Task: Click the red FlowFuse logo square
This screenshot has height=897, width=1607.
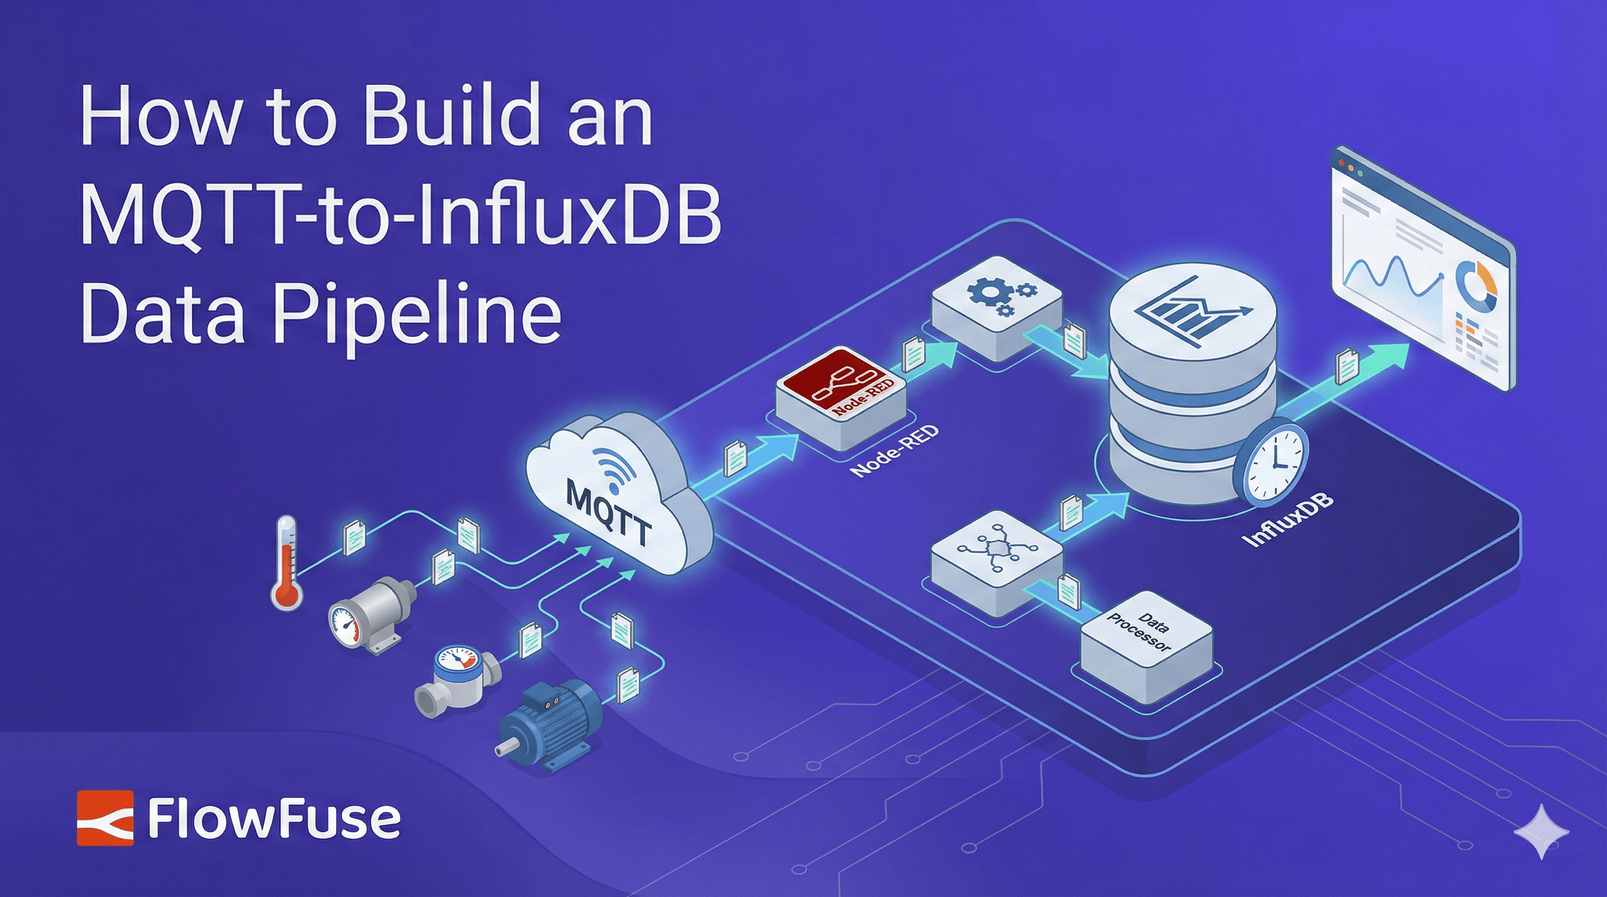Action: [x=105, y=818]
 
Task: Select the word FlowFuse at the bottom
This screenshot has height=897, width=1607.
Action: [x=274, y=819]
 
